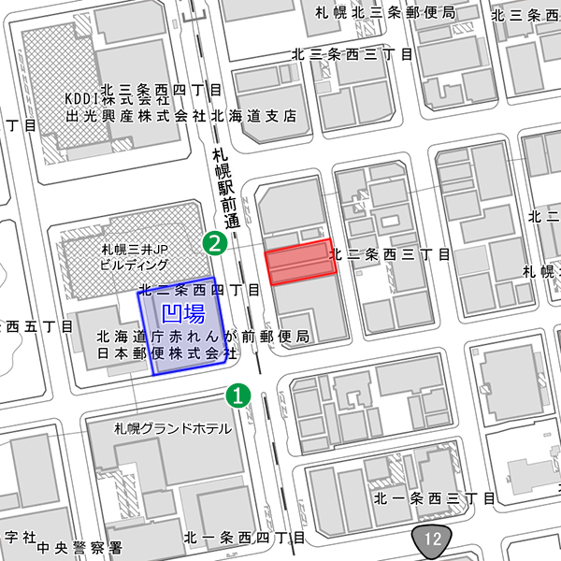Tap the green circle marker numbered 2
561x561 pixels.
coord(216,245)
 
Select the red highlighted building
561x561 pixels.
coord(300,262)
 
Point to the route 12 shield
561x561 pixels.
coord(432,539)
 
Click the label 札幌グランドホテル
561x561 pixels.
coord(173,429)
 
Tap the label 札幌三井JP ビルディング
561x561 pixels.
coord(135,258)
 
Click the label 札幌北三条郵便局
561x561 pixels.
coord(385,13)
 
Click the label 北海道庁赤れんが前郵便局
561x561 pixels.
coord(203,336)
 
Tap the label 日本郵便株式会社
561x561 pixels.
coord(166,355)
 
